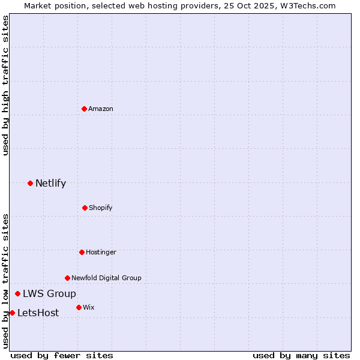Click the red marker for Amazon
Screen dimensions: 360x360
(85, 109)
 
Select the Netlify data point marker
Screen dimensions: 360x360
(30, 183)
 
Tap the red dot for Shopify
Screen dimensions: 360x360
(85, 208)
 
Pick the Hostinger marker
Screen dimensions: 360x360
(82, 252)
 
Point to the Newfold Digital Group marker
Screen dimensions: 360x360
(67, 278)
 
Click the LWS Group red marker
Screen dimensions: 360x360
(18, 293)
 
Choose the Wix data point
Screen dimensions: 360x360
(79, 307)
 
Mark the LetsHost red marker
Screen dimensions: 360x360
(12, 313)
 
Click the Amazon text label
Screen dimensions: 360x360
(101, 109)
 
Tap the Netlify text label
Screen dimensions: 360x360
(50, 183)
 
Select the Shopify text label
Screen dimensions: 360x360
(101, 208)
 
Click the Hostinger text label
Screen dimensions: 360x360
(101, 252)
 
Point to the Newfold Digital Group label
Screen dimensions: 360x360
(106, 278)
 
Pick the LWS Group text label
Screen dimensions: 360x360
(49, 293)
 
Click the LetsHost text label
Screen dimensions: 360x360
(38, 313)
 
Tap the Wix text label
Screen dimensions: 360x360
(88, 307)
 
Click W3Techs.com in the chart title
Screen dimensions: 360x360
(308, 5)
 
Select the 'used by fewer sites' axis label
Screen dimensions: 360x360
(62, 355)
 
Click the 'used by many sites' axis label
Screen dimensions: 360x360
(301, 355)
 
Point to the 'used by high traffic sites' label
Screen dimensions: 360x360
(5, 85)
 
